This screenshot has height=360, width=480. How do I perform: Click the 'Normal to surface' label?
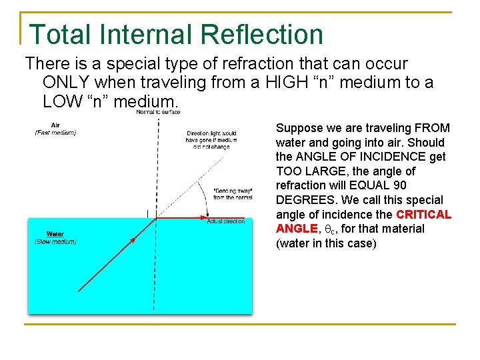pos(158,112)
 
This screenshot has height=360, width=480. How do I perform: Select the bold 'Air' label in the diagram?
pos(55,125)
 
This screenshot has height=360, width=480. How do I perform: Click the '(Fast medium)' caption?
pos(55,133)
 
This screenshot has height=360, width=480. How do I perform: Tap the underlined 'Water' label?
pos(55,234)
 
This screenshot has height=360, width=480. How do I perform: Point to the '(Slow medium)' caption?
pos(55,241)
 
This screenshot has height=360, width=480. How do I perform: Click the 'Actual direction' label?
pos(225,221)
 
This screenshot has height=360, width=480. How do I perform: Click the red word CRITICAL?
pos(423,215)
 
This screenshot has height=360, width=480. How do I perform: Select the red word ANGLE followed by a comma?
pos(294,229)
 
